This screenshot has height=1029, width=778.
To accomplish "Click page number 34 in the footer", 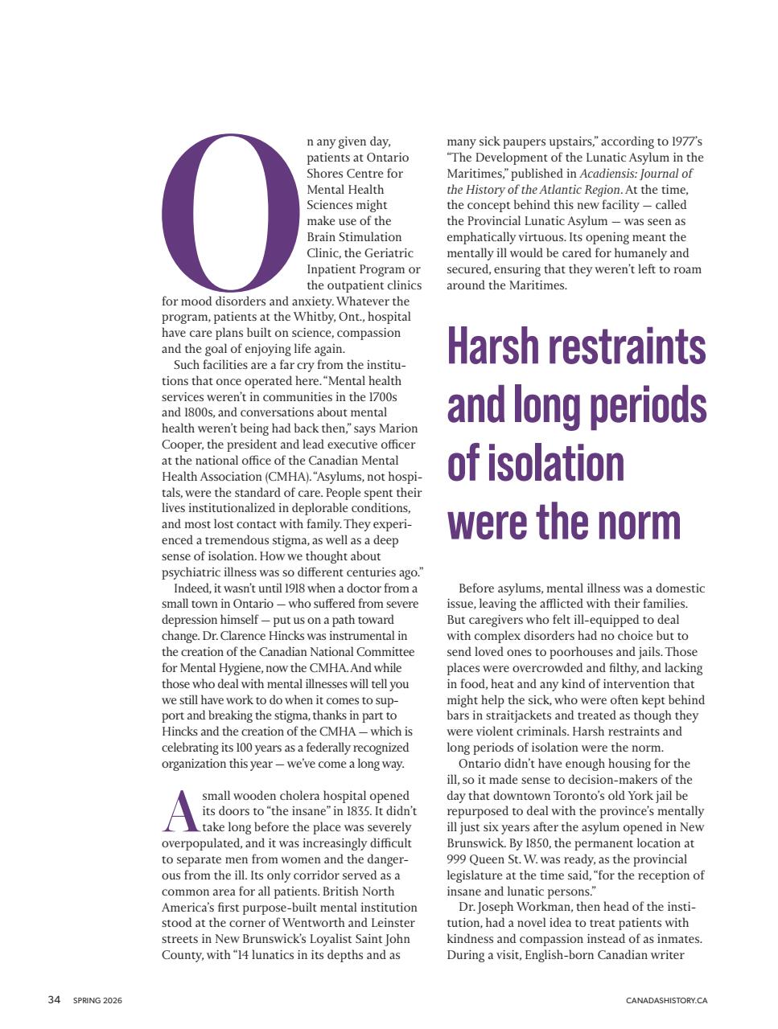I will click(54, 1000).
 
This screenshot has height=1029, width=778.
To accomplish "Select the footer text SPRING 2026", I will click(97, 1001).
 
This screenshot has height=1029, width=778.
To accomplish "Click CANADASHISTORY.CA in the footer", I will click(666, 1001).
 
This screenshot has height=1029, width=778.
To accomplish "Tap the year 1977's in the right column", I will click(682, 141).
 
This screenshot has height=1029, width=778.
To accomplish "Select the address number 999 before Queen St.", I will click(458, 859).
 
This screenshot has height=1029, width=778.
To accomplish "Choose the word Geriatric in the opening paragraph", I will click(387, 253).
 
